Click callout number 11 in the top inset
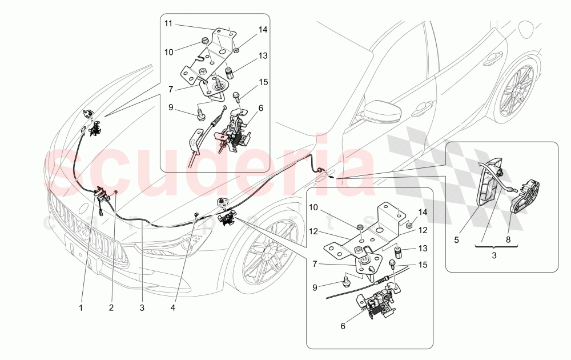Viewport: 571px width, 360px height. [x=168, y=24]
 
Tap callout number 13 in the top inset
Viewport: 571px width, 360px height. [x=262, y=56]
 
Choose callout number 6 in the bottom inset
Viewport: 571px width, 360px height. [x=343, y=326]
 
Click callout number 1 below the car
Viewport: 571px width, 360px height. [x=81, y=307]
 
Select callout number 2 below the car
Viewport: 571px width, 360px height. [x=111, y=307]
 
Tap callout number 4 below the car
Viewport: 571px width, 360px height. [x=173, y=307]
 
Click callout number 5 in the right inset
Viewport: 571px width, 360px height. [x=456, y=240]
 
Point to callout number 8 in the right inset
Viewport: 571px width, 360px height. [x=508, y=240]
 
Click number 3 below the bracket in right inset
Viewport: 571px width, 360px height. [x=494, y=256]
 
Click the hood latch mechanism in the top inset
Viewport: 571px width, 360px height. [x=237, y=130]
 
